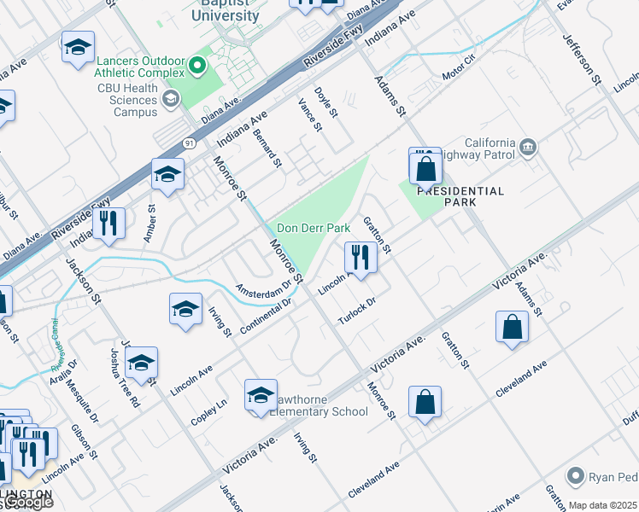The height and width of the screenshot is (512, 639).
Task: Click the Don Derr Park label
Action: coord(314,229)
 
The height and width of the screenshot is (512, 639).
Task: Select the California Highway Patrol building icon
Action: coord(527,148)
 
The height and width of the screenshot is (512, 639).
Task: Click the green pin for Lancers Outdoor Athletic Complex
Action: coord(198,65)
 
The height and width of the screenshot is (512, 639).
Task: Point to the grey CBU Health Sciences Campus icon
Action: coord(171,100)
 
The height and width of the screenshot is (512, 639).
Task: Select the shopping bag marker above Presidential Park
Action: coord(425,169)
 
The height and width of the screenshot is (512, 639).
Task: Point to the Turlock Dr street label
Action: coord(357,305)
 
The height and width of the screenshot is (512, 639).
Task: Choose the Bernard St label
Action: coord(267,142)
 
